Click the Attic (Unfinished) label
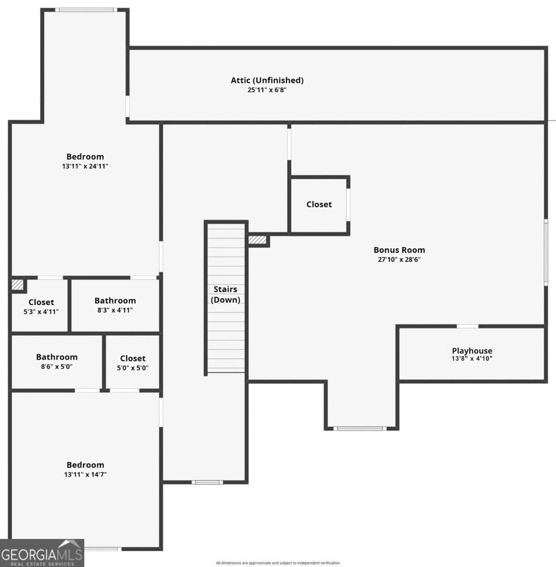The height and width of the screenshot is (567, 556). coord(267,80)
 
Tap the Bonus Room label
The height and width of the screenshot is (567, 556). coord(400,250)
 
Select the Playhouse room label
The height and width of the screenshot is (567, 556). coord(472,351)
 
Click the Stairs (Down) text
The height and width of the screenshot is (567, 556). coord(226,294)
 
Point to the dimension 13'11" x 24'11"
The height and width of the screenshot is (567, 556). coord(85,166)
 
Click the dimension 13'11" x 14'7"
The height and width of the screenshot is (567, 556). coord(86,474)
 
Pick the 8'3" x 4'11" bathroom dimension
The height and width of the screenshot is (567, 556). coord(115,310)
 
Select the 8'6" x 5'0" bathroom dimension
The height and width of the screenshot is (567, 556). coord(57,367)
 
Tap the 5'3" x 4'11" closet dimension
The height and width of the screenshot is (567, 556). coord(41,311)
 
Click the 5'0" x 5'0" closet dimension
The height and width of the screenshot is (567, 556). coord(133,368)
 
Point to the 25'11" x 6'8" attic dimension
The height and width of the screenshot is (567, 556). coord(267,90)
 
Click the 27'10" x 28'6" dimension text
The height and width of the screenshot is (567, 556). coord(400,259)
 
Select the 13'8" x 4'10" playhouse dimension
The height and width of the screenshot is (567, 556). coord(472,359)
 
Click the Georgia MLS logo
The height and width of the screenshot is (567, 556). coord(42,553)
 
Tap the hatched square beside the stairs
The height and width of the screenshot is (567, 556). coord(257,240)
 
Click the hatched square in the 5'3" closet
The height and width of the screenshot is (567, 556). coord(17,285)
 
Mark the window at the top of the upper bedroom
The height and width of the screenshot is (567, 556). coord(86,10)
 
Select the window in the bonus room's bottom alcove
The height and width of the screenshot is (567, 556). coord(360,429)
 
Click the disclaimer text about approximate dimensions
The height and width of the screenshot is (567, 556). coord(278,563)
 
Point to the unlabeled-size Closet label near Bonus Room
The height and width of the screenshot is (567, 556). coord(319,204)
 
